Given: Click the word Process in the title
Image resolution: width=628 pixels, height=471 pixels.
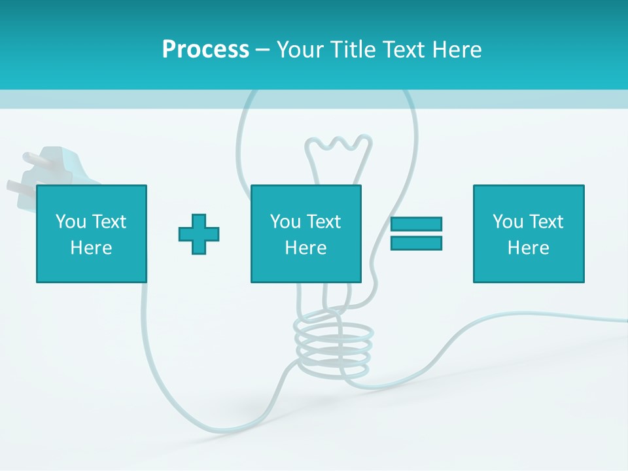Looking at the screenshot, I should (205, 50).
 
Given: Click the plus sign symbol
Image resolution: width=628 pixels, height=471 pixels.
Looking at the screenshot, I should (199, 234).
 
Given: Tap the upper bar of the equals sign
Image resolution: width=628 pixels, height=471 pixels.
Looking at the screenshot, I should (416, 224).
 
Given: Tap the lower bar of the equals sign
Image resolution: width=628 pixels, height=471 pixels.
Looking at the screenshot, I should (416, 243).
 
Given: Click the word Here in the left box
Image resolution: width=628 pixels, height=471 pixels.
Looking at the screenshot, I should (91, 248).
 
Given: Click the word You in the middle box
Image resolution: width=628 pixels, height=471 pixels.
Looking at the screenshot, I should (285, 222).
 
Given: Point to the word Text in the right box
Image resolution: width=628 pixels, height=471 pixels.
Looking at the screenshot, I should (546, 222).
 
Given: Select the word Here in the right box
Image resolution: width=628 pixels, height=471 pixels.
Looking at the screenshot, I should (528, 248).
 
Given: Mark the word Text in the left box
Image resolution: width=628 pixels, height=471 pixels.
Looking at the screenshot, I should (109, 222).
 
